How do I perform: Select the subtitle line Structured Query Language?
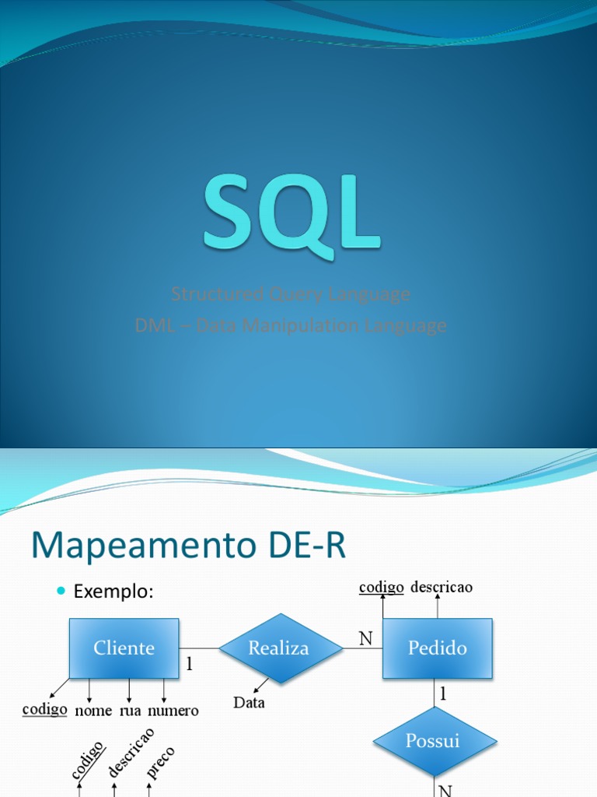(291, 294)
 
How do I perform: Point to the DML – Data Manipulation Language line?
(291, 325)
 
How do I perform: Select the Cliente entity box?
(124, 648)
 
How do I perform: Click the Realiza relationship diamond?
(279, 648)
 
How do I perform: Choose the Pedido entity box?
(437, 648)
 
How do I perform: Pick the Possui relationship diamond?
(434, 740)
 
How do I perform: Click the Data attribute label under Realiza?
(249, 703)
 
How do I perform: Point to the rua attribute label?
(129, 711)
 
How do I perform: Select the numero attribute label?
(173, 711)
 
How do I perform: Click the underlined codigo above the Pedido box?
(381, 587)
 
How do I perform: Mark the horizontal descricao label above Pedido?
(442, 587)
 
